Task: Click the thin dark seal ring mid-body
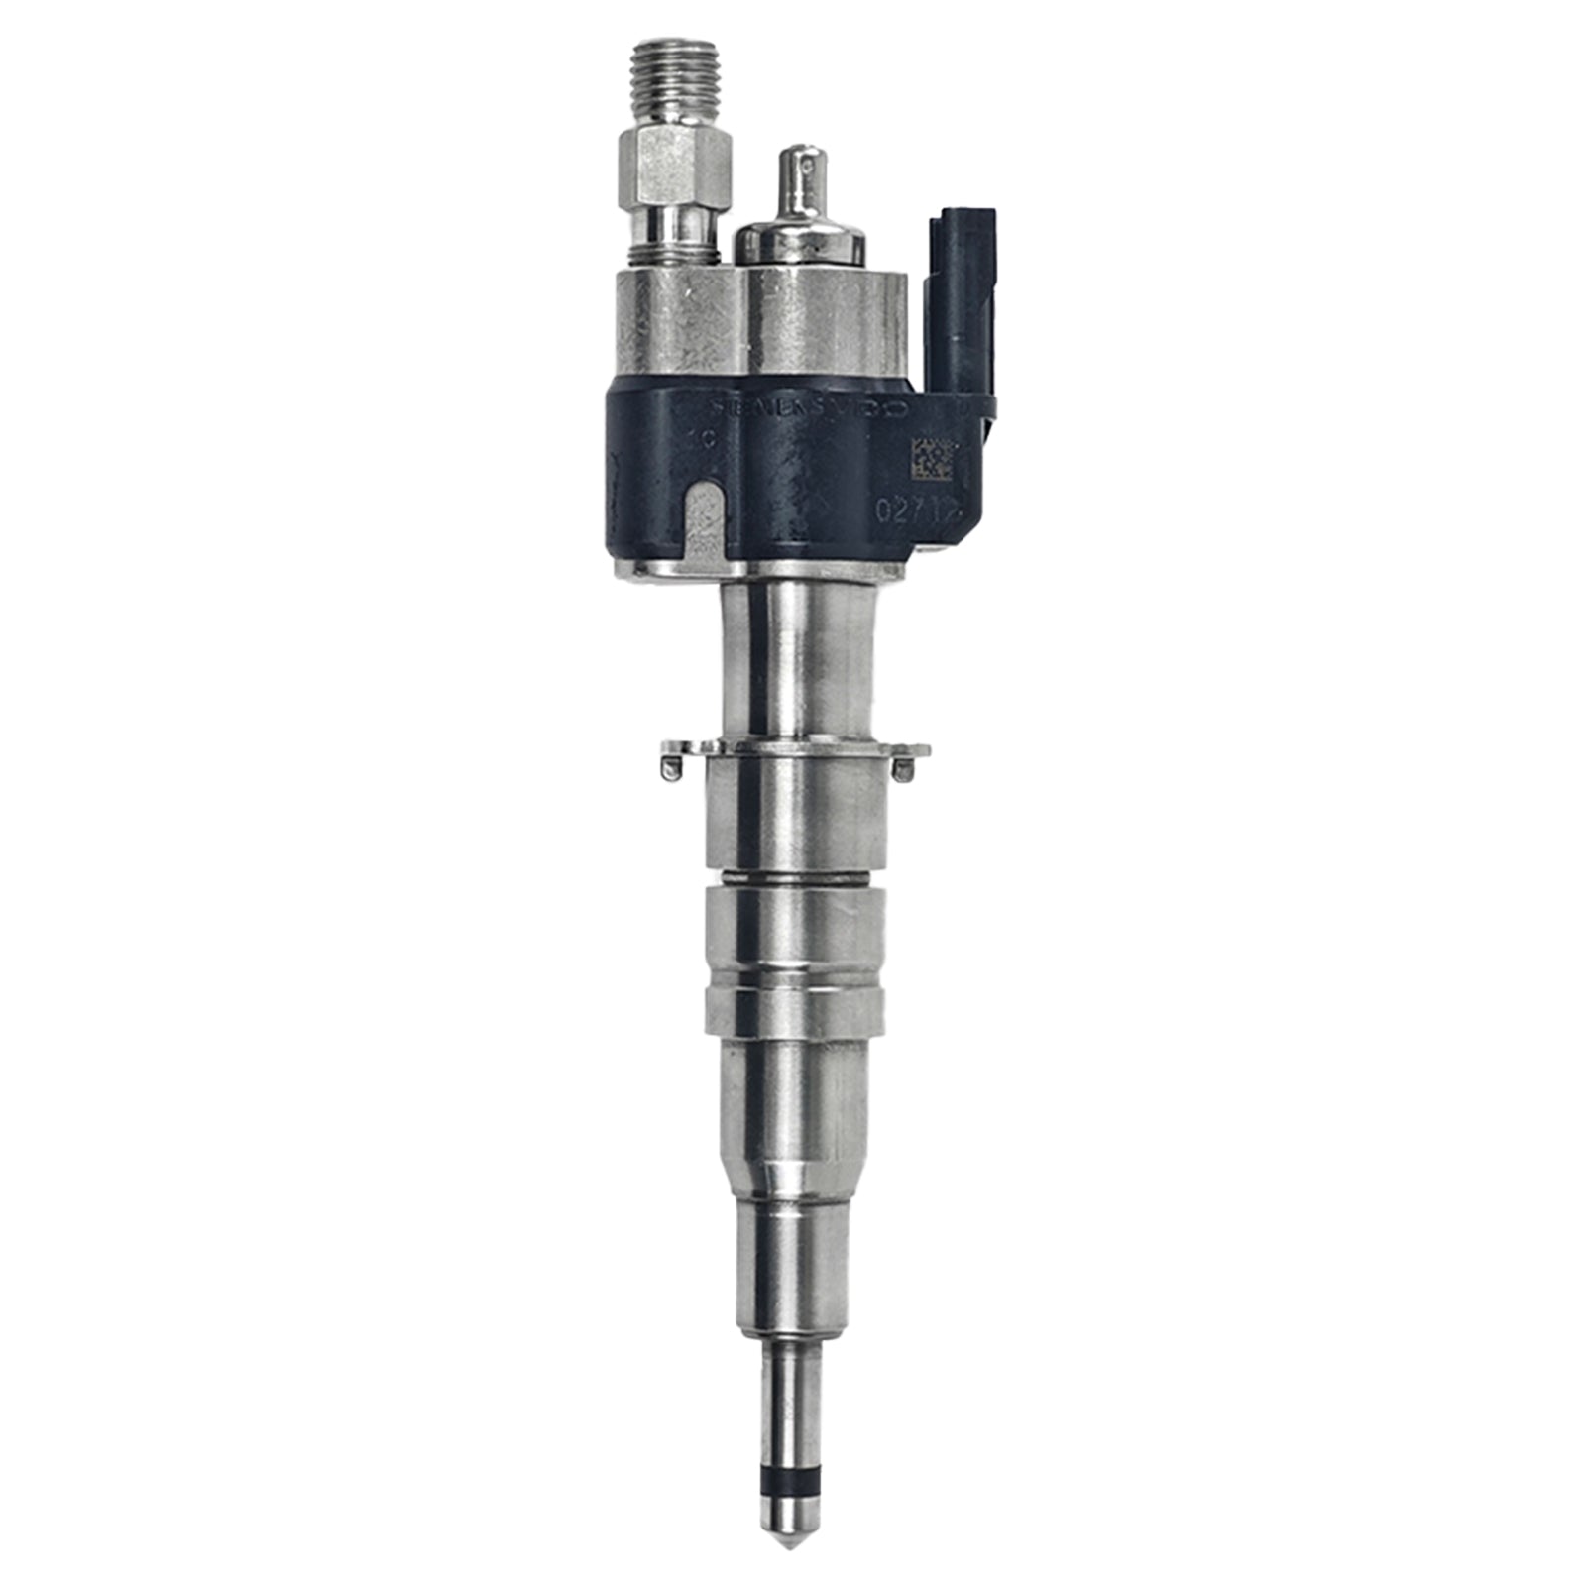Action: coord(792,876)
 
